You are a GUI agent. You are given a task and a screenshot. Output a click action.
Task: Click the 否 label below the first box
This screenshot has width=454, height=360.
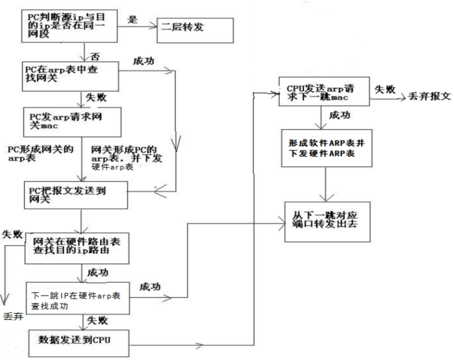click(96, 56)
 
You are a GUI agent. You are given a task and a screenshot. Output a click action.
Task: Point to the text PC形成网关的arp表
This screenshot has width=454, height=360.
click(40, 153)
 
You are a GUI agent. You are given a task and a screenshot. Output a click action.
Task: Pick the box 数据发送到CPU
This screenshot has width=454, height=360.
click(78, 343)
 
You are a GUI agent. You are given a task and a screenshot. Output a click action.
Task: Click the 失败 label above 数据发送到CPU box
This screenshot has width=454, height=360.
click(97, 321)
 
